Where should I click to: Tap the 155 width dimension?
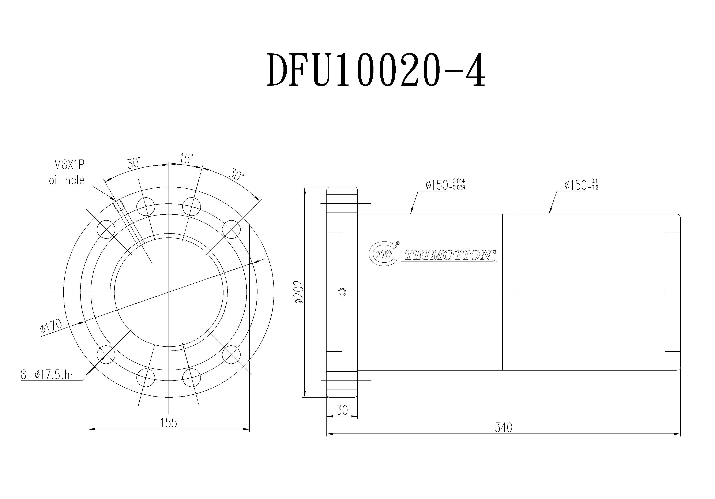tap(169, 423)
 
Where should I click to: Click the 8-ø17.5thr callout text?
tap(47, 375)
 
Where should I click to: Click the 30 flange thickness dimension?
tap(342, 410)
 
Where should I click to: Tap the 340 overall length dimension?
tap(503, 428)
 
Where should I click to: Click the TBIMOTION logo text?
tap(448, 255)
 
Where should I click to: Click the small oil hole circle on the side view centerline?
tap(342, 292)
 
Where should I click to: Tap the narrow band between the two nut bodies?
tap(509, 292)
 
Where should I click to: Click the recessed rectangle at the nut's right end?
tap(672, 292)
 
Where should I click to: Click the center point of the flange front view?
tap(169, 292)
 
